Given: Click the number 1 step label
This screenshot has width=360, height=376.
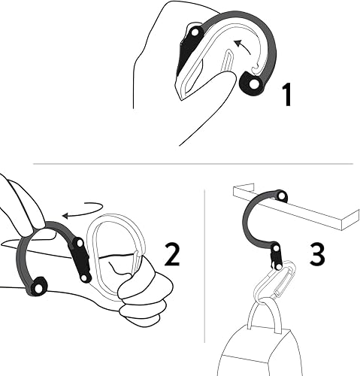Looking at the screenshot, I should click(x=286, y=96).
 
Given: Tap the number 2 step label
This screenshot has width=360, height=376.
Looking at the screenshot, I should click(x=172, y=256).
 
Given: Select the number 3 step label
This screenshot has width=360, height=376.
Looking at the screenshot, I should click(x=318, y=254).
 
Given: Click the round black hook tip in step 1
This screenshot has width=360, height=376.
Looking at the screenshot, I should click(x=252, y=87).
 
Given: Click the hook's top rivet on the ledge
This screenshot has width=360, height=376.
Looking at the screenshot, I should click(x=280, y=196).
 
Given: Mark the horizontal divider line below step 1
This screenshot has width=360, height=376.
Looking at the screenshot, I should click(x=192, y=163).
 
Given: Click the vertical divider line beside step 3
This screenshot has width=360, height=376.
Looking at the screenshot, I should click(x=205, y=278).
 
